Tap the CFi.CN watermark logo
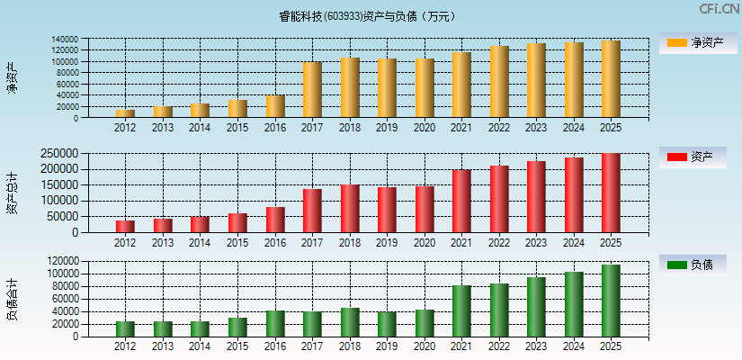(719, 9)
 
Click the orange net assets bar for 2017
(312, 90)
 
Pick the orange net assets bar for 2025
(611, 79)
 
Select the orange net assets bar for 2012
(125, 113)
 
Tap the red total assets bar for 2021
(461, 201)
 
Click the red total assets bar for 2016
(275, 220)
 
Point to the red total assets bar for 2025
(611, 193)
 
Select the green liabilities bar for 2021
(461, 310)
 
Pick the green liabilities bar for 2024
(574, 304)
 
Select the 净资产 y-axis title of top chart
(12, 78)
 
